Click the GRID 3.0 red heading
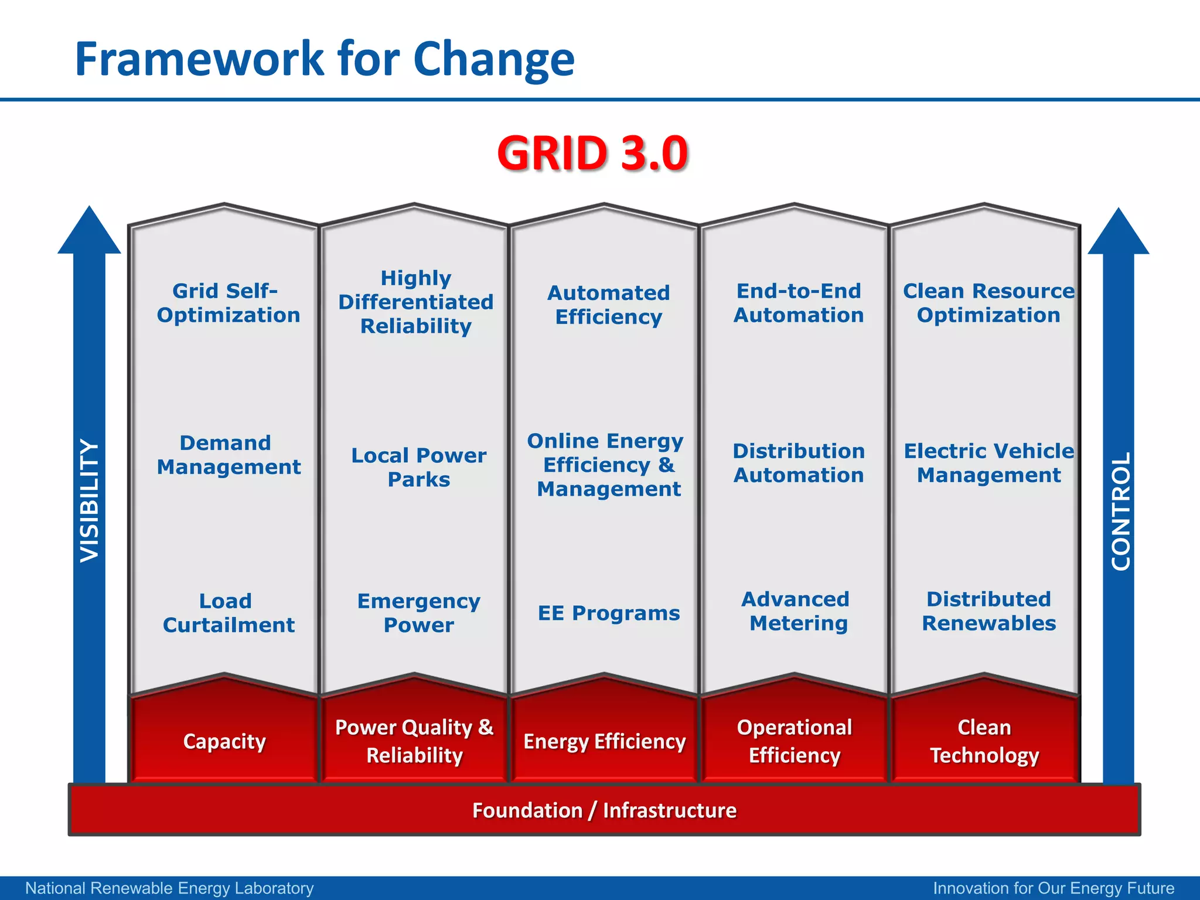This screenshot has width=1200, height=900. [592, 154]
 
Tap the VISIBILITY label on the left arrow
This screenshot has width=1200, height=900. [90, 501]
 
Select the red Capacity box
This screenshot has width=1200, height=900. [224, 741]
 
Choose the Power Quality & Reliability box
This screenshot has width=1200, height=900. [414, 741]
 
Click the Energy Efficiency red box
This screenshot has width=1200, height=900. [604, 741]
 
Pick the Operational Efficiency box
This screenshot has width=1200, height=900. [794, 741]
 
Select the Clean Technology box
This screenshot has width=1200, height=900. [984, 741]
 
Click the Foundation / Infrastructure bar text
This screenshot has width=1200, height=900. [604, 810]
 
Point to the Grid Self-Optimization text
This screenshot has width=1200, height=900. [228, 303]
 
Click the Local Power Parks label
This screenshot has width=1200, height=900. [418, 467]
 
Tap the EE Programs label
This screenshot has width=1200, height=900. [609, 613]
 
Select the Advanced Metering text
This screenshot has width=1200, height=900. [797, 611]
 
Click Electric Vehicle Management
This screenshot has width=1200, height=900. [988, 463]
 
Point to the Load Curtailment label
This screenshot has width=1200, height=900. [228, 613]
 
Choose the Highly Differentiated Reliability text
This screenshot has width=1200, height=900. [416, 302]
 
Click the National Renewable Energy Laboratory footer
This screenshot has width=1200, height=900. [169, 888]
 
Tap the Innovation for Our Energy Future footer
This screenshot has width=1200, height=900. [1054, 888]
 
